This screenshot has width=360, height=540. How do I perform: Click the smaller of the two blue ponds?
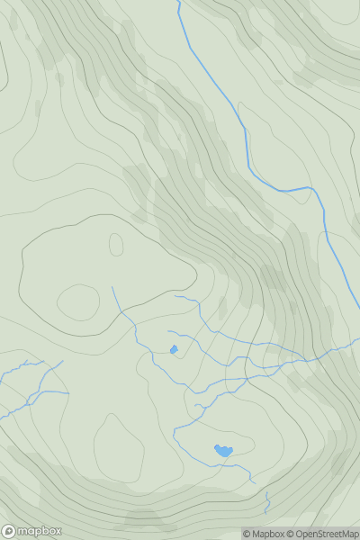(x=173, y=349)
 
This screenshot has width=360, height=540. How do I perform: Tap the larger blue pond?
(x=222, y=450)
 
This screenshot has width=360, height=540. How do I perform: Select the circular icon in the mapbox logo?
(x=9, y=531)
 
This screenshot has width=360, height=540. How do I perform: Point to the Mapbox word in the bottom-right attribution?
(x=267, y=534)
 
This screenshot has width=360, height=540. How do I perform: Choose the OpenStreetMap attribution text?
(x=326, y=534)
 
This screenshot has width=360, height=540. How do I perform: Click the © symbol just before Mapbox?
(x=247, y=534)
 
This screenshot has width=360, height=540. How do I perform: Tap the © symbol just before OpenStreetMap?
(x=291, y=534)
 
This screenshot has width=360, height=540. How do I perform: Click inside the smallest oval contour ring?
(x=116, y=244)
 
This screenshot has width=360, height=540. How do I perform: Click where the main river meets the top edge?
(x=177, y=2)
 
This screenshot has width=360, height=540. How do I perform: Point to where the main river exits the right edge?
(x=358, y=306)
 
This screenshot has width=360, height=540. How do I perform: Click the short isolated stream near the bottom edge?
(x=266, y=499)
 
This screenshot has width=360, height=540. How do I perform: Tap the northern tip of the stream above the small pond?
(x=112, y=287)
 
